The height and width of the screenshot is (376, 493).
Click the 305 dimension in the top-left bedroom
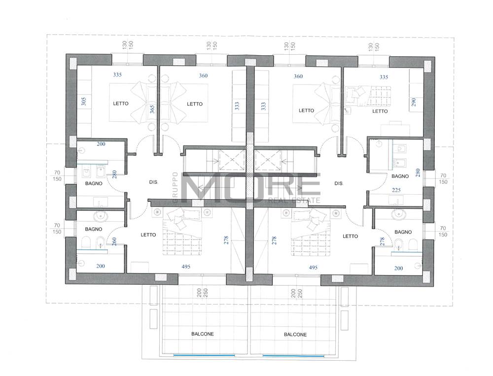coord(84,101)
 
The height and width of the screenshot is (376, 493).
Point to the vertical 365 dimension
coord(152,109)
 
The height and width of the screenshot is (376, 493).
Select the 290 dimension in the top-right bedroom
coord(414,102)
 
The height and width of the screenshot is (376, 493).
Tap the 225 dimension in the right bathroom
coord(396,190)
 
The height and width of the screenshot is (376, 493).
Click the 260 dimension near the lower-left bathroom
coord(114,241)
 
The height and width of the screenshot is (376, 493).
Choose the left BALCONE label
coord(203,334)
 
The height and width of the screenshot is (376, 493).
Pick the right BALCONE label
coord(295,335)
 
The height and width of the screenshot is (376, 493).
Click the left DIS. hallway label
coord(153,182)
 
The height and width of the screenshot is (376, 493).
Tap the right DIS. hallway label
coord(339,183)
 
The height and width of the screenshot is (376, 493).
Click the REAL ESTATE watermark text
coord(294,200)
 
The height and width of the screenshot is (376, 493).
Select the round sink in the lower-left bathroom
coord(100,216)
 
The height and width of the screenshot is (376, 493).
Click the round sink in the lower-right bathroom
coord(399,214)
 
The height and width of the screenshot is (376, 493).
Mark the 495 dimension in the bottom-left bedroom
coord(186,267)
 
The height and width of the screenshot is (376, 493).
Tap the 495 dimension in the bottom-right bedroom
coord(313,268)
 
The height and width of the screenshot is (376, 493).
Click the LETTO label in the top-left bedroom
coord(121,103)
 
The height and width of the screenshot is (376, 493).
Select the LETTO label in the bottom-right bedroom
coord(350,236)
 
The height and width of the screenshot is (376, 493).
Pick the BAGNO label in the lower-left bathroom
coord(93,229)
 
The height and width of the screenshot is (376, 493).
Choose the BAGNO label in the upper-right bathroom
coord(400,176)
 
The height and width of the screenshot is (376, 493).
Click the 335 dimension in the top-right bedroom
coord(384,77)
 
